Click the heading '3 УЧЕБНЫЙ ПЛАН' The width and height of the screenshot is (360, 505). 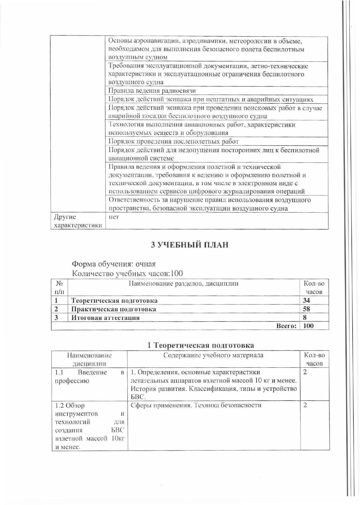(x=190, y=245)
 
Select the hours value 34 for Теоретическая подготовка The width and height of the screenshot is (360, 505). (x=307, y=300)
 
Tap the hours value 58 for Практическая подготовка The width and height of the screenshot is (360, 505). (x=307, y=309)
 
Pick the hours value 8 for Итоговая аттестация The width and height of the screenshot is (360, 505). (x=305, y=318)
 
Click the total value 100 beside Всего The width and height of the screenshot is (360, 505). (x=308, y=326)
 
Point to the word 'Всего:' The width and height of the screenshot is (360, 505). (x=286, y=326)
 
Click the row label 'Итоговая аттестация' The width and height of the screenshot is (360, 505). (x=105, y=318)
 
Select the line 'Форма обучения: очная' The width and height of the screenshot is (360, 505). (x=114, y=264)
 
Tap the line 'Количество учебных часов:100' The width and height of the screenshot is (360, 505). (x=127, y=274)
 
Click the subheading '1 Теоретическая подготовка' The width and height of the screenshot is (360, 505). (x=200, y=345)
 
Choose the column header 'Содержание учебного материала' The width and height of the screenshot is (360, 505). (x=213, y=355)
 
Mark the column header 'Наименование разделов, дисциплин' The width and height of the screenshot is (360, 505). (x=184, y=284)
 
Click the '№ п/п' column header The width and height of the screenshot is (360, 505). (x=59, y=288)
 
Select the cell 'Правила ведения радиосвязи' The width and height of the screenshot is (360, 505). (x=152, y=91)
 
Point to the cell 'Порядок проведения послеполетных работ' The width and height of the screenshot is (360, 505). (x=174, y=141)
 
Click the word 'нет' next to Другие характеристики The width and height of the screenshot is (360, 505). (x=114, y=217)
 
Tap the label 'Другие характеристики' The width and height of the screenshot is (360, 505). (x=78, y=221)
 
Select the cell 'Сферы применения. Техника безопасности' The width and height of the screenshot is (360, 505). (x=196, y=405)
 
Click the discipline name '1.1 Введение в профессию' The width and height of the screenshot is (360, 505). (x=89, y=376)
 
